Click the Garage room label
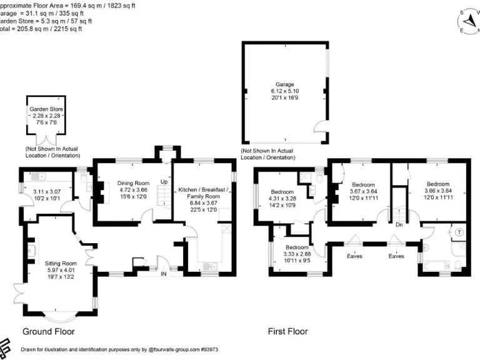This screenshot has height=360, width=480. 285,84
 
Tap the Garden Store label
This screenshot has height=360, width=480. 46,109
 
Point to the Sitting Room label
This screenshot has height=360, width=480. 61,263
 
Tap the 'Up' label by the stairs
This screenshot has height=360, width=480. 164,182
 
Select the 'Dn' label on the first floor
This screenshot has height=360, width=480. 399,223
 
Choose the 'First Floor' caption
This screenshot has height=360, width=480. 287,331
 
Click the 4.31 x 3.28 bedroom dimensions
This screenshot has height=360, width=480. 282,198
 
